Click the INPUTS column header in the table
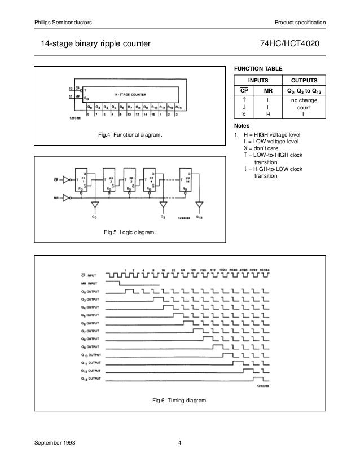click(258, 80)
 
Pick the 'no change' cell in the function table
click(304, 100)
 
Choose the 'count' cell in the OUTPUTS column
click(304, 106)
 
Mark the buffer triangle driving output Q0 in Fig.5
click(95, 205)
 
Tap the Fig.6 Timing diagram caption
click(179, 401)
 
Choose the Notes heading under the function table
click(241, 125)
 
